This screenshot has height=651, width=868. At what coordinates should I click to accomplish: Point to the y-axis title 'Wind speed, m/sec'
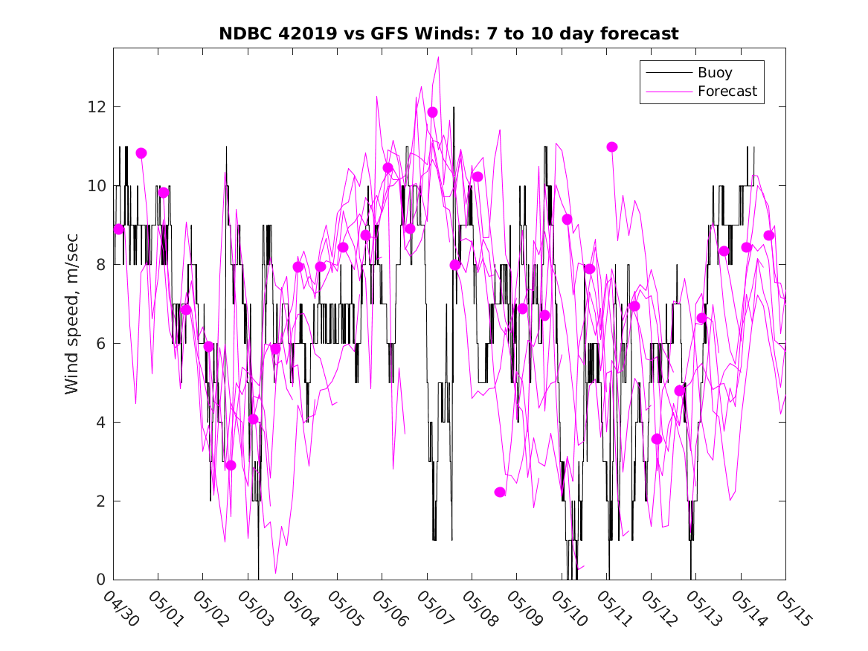[x=72, y=314]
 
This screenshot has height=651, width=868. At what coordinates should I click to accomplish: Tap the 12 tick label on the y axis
[x=97, y=107]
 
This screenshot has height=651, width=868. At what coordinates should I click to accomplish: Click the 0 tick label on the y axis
[x=100, y=580]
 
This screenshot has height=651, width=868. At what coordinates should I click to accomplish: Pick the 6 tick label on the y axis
[x=100, y=343]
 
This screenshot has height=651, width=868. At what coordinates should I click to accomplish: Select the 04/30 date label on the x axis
[x=122, y=608]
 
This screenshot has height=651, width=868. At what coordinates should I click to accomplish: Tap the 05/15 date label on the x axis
[x=794, y=608]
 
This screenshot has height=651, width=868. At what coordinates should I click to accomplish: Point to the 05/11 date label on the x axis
[x=614, y=608]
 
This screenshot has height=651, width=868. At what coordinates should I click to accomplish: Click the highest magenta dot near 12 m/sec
[x=432, y=112]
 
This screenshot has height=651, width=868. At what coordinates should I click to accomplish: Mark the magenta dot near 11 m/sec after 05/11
[x=611, y=147]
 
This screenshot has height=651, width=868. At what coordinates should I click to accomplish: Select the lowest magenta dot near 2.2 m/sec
[x=500, y=492]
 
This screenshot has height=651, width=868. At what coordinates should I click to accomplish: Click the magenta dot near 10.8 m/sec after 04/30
[x=141, y=153]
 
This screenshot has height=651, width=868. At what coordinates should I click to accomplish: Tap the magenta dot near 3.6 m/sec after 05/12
[x=657, y=439]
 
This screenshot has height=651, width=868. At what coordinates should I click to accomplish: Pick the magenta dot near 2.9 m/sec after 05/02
[x=231, y=466]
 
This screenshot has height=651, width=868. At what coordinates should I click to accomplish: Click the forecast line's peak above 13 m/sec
[x=438, y=57]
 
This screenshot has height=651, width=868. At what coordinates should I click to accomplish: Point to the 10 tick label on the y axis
[x=97, y=185]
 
